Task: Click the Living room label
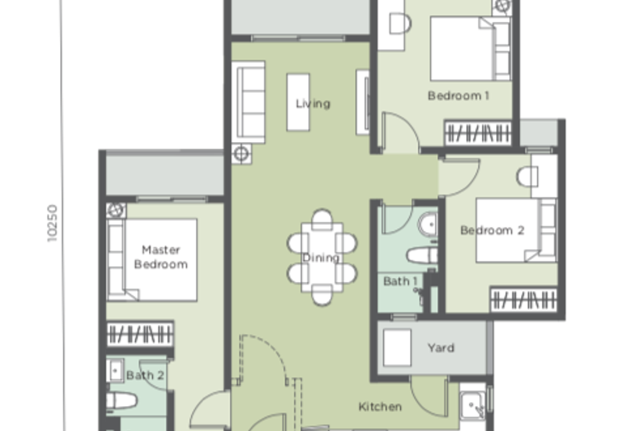tap(313, 104)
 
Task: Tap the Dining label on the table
tap(321, 258)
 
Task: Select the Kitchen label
tap(380, 407)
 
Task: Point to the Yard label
tap(441, 347)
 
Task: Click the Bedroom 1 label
tap(459, 95)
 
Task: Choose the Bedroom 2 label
tap(492, 230)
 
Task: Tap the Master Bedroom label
tap(161, 257)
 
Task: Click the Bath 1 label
tap(400, 281)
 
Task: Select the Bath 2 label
tap(145, 376)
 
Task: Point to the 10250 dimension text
tap(52, 223)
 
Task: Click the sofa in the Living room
tap(249, 102)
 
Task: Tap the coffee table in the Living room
tap(298, 102)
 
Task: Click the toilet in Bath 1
tap(422, 255)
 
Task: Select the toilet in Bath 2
tap(122, 401)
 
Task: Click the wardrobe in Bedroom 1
tap(478, 133)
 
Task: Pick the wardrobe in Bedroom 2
tap(523, 300)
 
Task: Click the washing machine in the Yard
tap(397, 347)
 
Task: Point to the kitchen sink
tap(473, 405)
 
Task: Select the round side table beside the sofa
tap(241, 154)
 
